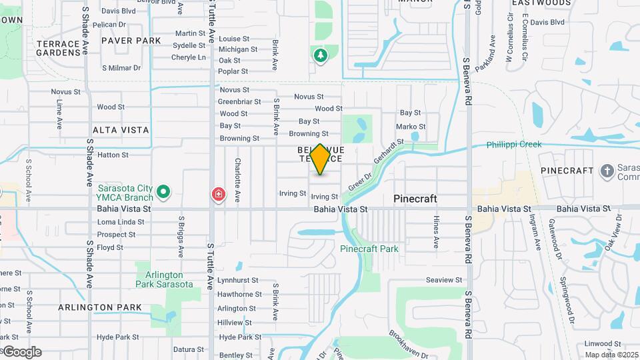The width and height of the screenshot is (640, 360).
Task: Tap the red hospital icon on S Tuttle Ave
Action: pos(218,195)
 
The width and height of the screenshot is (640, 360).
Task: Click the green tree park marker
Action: pos(321,55)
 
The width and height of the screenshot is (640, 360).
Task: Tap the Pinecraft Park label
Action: pos(369,249)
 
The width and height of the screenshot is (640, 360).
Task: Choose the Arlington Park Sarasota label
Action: pos(164,279)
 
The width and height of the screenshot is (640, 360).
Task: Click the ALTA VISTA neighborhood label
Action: pos(121,130)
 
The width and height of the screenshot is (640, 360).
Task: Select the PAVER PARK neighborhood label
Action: pos(131,41)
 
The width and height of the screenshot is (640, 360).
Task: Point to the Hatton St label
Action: pos(113,155)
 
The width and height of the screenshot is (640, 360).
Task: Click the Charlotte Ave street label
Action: pos(237,180)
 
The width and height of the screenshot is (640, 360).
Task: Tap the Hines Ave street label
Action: pos(437,229)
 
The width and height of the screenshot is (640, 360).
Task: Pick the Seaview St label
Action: pos(444,280)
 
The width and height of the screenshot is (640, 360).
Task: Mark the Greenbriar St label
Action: pos(239,102)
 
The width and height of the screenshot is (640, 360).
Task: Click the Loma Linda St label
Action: pos(121,222)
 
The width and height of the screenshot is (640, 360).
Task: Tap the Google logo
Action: pos(22,353)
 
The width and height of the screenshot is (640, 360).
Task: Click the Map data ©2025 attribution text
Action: pos(611,355)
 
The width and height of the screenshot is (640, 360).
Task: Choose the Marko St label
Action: pos(411,127)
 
